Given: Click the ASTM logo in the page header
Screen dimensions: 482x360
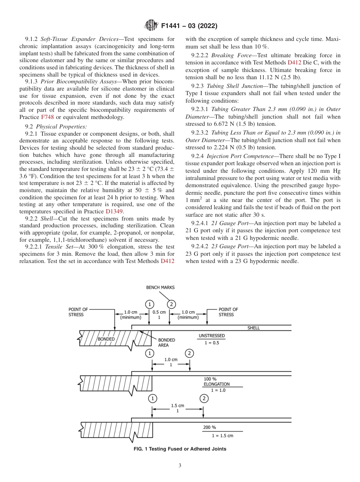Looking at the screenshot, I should click(x=151, y=26).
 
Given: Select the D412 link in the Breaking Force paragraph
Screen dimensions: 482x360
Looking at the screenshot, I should click(x=294, y=63).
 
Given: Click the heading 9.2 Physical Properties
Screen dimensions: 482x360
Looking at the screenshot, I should click(x=56, y=126).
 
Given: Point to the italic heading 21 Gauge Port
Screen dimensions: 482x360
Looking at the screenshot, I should click(x=227, y=223).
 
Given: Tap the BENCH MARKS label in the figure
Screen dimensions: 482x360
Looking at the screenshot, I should click(x=160, y=287).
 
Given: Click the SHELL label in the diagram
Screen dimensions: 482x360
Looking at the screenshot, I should click(x=254, y=328).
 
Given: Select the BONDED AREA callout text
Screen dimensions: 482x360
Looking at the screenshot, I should click(x=164, y=343).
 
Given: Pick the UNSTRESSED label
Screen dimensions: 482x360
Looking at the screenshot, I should click(x=211, y=336).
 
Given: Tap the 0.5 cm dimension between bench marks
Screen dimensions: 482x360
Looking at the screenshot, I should click(x=159, y=312).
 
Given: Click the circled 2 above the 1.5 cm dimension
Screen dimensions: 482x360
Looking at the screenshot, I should click(x=204, y=398).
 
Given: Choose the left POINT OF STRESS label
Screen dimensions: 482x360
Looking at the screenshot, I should click(x=78, y=312).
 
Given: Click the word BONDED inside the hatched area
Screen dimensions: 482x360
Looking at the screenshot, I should click(x=106, y=339).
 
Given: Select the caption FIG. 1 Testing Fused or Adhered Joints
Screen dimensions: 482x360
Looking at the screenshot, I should click(x=180, y=449).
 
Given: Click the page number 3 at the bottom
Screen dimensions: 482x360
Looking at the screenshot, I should click(x=180, y=466).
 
